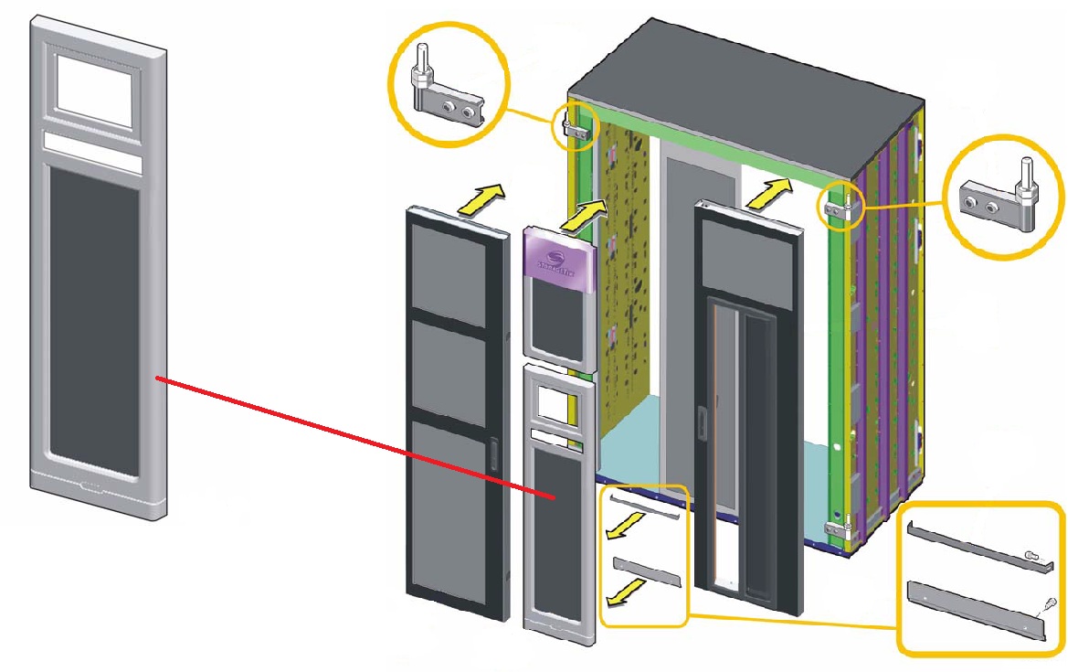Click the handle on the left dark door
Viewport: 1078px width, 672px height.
tap(494, 454)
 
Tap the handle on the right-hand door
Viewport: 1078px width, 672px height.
tap(701, 424)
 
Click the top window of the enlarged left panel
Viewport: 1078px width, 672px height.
tap(96, 88)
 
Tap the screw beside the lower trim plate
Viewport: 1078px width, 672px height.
tap(1050, 603)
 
